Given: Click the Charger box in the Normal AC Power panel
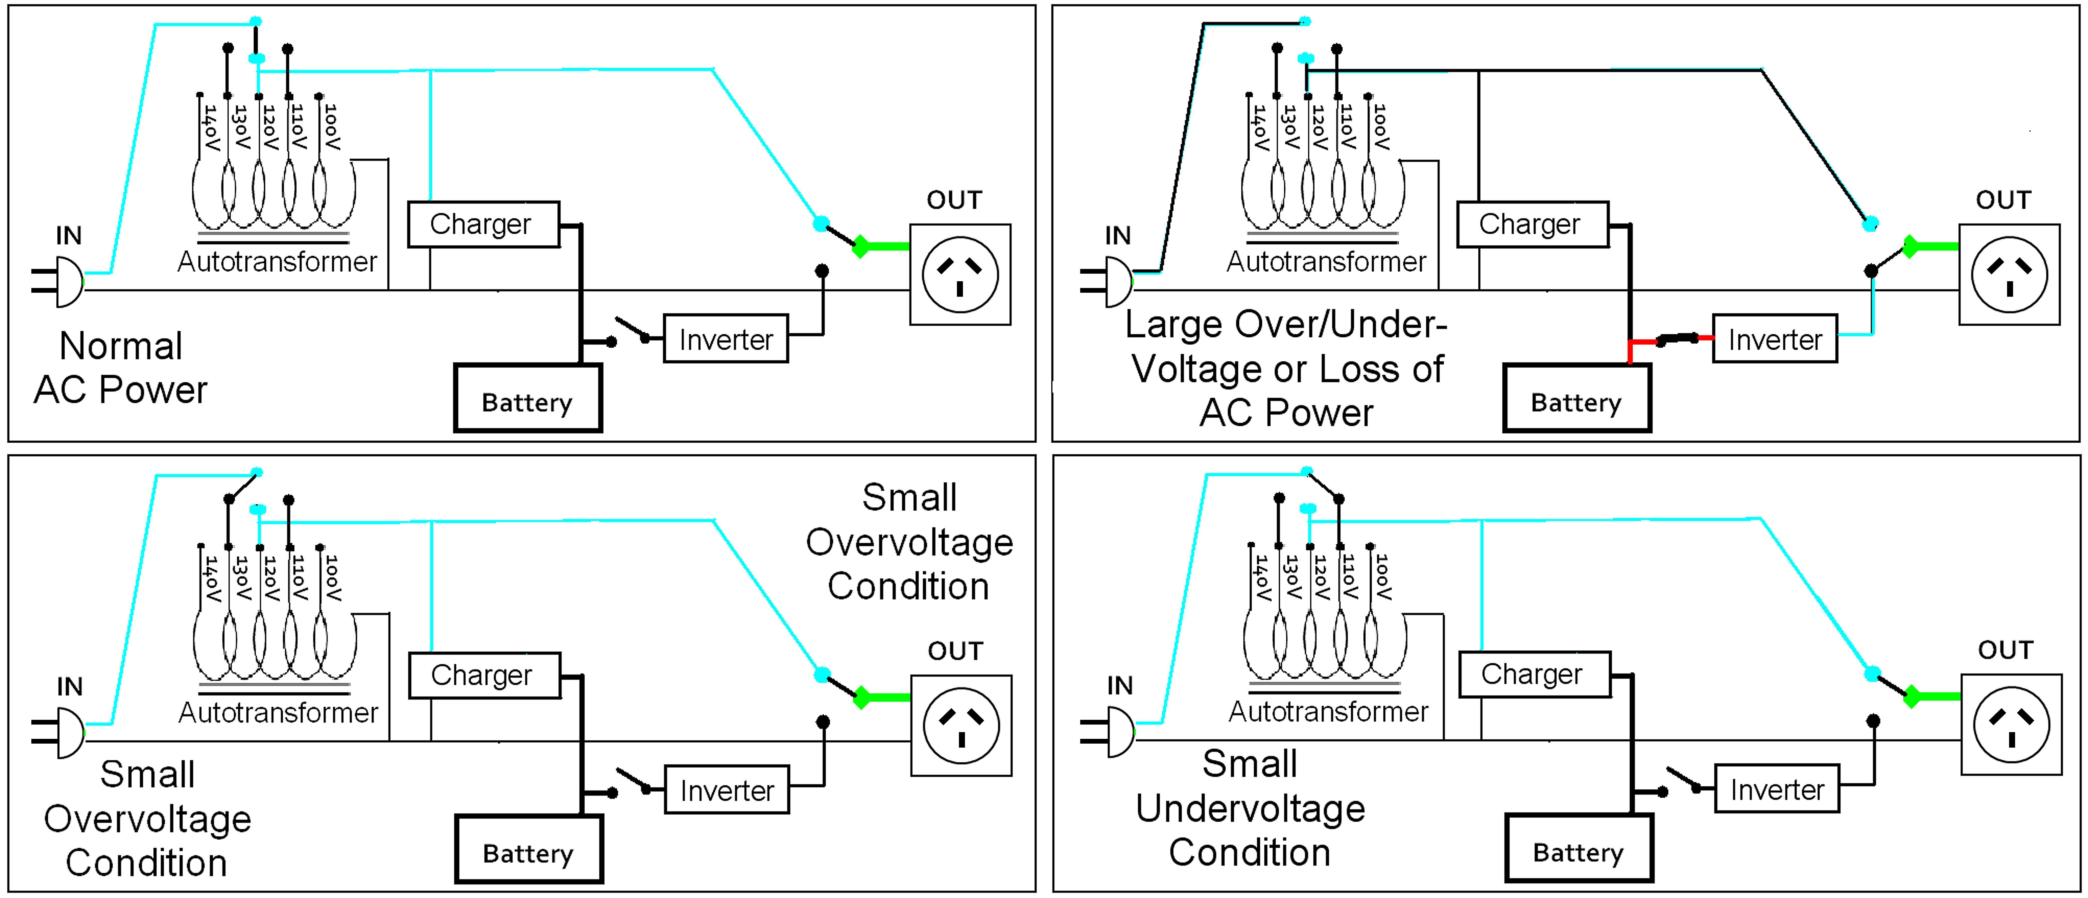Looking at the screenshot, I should tap(483, 225).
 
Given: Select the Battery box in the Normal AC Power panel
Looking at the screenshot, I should tap(528, 399).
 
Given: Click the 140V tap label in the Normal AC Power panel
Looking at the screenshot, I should tap(211, 127).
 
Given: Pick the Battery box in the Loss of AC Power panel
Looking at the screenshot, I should tap(1577, 399).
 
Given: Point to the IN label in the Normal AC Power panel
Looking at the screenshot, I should tap(69, 236).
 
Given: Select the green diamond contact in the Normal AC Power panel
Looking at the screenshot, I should tap(861, 246).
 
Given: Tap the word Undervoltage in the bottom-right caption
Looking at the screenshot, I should tap(1250, 808).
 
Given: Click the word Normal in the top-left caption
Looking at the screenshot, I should tap(121, 346).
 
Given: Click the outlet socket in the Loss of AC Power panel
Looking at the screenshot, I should tap(2009, 275).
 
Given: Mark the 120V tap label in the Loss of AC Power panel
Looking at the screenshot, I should tap(1319, 127).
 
